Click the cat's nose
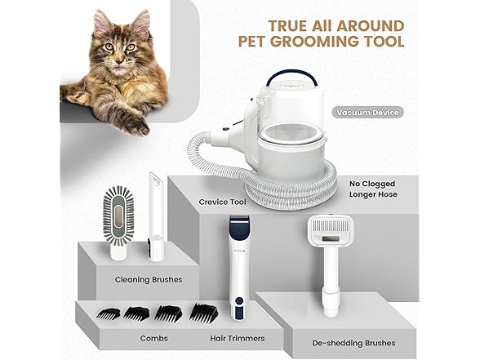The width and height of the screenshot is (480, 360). click(120, 61)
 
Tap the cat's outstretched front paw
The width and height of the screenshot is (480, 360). click(137, 125)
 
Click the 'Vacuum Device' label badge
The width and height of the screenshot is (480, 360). click(367, 113)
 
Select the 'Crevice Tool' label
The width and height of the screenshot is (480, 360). click(222, 202)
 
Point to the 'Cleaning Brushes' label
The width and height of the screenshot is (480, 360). click(149, 279)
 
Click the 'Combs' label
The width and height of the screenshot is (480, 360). click(154, 338)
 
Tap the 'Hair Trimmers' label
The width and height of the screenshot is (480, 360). click(238, 338)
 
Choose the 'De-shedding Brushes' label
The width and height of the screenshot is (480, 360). click(354, 343)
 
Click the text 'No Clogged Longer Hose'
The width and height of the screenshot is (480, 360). click(374, 189)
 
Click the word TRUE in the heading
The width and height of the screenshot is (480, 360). click(287, 26)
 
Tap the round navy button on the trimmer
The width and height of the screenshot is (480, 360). click(240, 300)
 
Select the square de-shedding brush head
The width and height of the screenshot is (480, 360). click(330, 230)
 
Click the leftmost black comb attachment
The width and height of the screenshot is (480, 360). click(109, 314)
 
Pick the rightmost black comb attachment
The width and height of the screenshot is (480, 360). click(203, 313)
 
